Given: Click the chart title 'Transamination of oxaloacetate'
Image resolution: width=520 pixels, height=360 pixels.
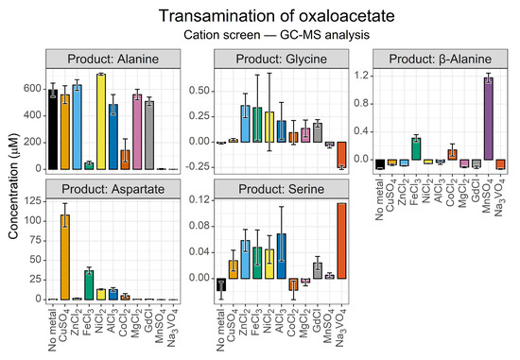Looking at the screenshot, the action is pyautogui.click(x=277, y=15).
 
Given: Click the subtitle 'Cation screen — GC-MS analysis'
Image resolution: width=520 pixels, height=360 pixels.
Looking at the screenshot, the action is pyautogui.click(x=277, y=35).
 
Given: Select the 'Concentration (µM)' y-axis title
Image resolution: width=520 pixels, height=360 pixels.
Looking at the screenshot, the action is pyautogui.click(x=13, y=186).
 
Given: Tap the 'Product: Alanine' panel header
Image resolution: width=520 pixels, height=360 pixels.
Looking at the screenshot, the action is pyautogui.click(x=113, y=59).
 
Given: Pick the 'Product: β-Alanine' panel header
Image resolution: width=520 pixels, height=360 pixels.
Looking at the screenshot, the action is pyautogui.click(x=440, y=59).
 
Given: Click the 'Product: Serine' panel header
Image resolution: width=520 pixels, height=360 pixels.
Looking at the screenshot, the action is pyautogui.click(x=281, y=189).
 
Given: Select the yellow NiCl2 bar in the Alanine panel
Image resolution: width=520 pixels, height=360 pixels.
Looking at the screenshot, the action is pyautogui.click(x=101, y=122).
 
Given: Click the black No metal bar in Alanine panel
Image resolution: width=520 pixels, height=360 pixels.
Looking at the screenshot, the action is pyautogui.click(x=53, y=129).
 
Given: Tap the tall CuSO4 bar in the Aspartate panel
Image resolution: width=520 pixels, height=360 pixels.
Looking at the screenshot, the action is pyautogui.click(x=65, y=257).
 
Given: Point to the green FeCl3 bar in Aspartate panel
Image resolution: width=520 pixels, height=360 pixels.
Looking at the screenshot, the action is pyautogui.click(x=89, y=285).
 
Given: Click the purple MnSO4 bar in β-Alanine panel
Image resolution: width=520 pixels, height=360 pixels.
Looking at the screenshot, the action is pyautogui.click(x=488, y=119).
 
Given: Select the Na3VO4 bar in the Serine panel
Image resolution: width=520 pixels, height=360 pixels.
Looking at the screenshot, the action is pyautogui.click(x=341, y=241).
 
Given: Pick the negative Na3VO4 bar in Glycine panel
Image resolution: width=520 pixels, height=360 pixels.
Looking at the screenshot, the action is pyautogui.click(x=341, y=155).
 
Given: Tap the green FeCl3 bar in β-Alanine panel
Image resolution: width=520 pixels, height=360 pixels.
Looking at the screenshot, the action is pyautogui.click(x=416, y=149).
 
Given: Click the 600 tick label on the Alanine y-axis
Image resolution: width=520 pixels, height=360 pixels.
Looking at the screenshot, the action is pyautogui.click(x=32, y=89).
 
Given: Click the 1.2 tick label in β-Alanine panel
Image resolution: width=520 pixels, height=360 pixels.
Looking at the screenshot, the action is pyautogui.click(x=362, y=76).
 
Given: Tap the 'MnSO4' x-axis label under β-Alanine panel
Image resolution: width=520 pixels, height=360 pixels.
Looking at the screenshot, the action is pyautogui.click(x=488, y=197).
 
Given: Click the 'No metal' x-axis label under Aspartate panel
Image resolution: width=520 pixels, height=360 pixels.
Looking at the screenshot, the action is pyautogui.click(x=53, y=330).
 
